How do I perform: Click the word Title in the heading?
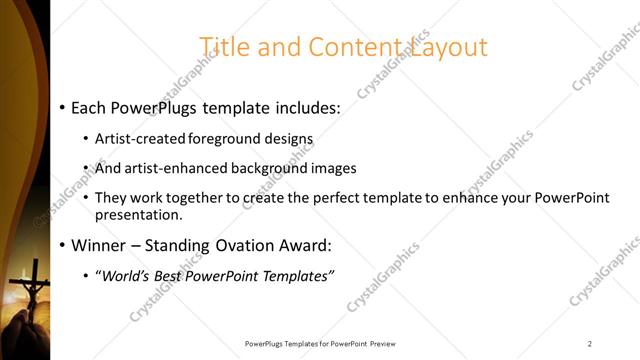[x=224, y=47]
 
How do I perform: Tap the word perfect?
[x=326, y=198]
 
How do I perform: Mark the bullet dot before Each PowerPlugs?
[x=62, y=106]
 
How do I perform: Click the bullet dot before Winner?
[x=62, y=245]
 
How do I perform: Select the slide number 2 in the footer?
[x=590, y=343]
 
